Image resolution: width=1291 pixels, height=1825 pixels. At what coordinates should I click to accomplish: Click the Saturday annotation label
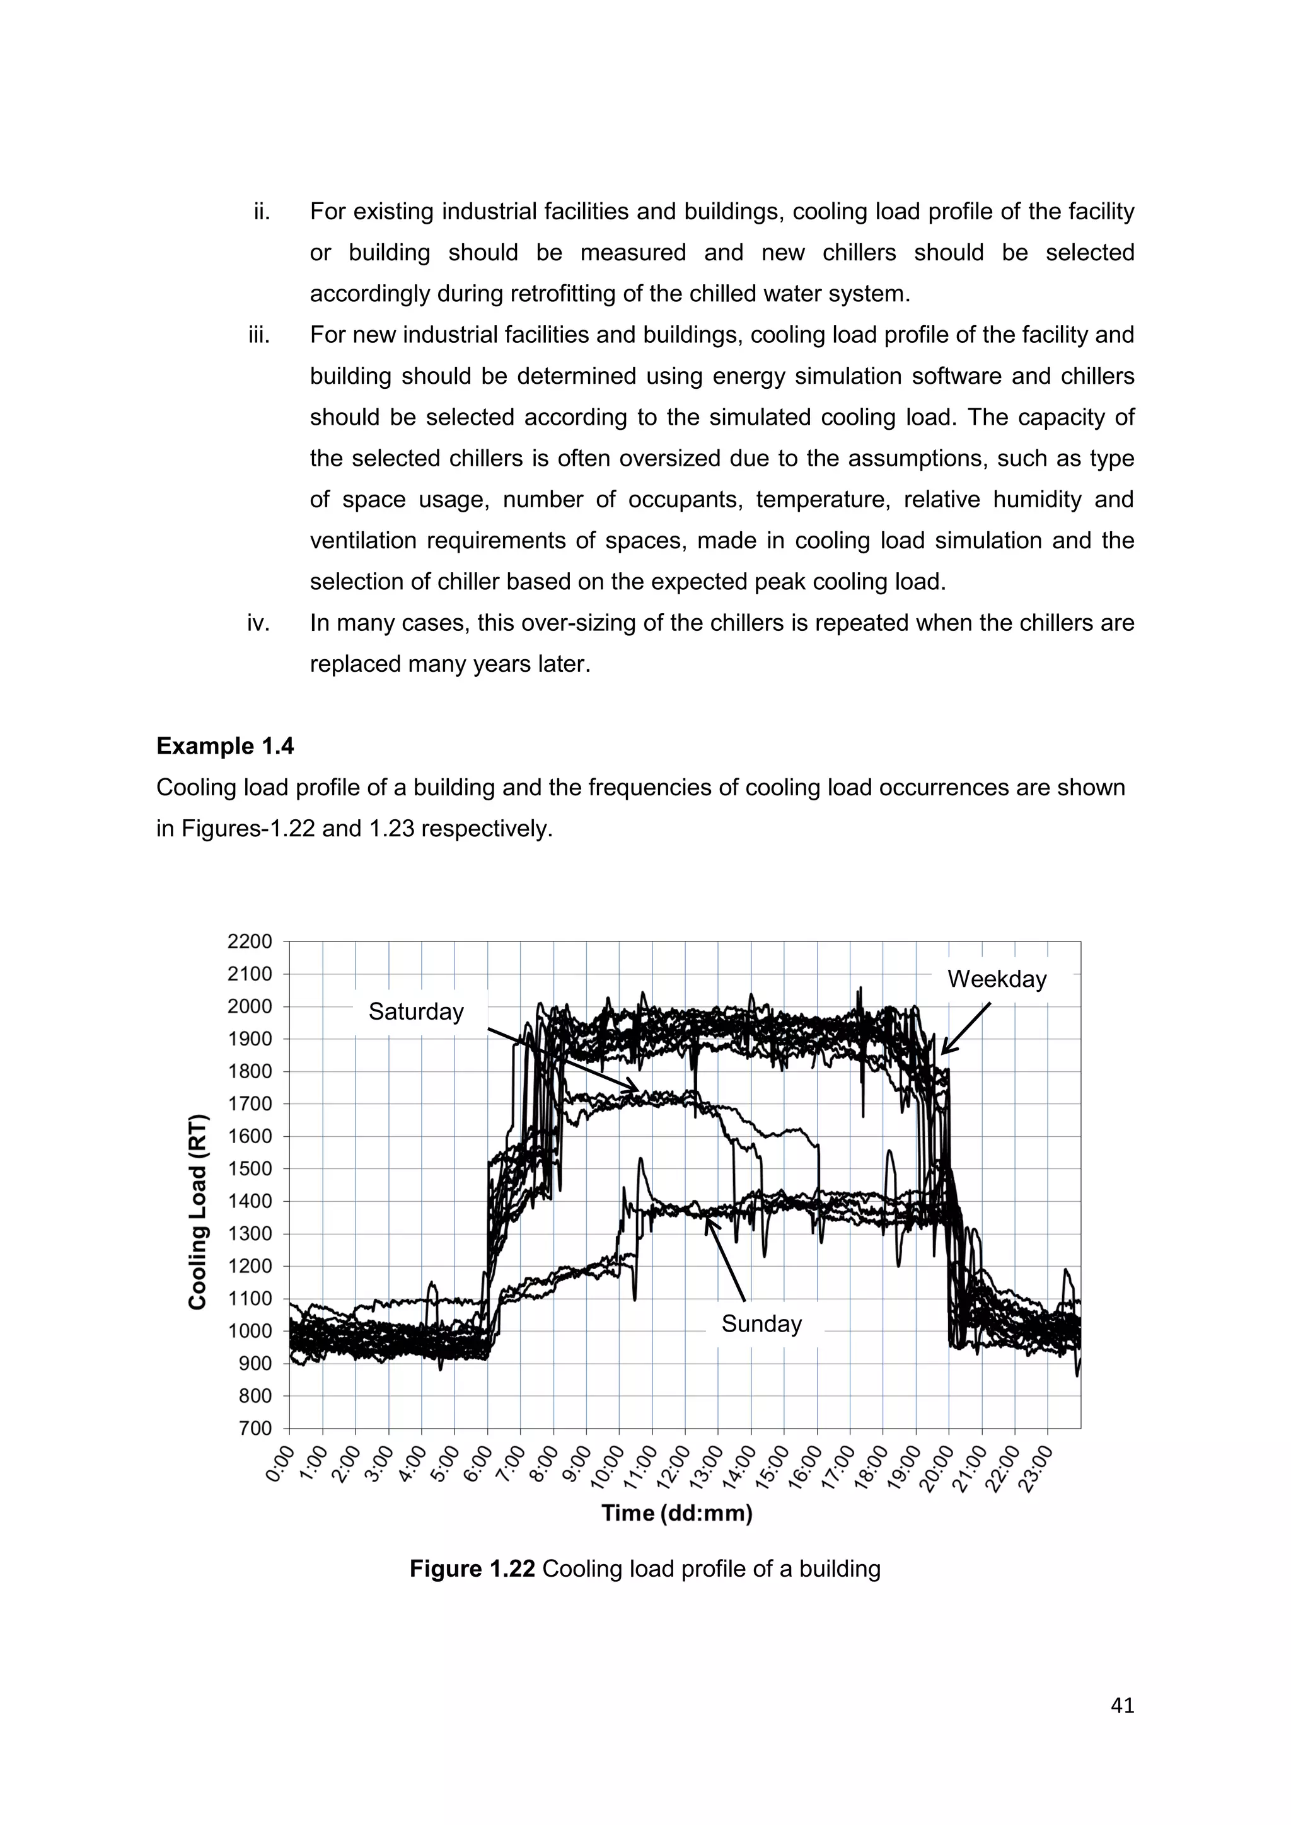pyautogui.click(x=416, y=1012)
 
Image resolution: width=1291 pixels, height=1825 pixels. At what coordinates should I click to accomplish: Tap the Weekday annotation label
pyautogui.click(x=997, y=979)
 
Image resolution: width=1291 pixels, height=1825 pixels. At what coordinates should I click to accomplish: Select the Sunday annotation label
pyautogui.click(x=761, y=1323)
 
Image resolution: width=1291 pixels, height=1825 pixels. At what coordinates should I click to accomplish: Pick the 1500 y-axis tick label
pyautogui.click(x=250, y=1168)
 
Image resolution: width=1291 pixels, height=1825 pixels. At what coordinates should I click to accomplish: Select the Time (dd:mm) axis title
pyautogui.click(x=676, y=1512)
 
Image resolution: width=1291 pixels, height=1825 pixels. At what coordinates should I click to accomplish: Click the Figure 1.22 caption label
pyautogui.click(x=472, y=1569)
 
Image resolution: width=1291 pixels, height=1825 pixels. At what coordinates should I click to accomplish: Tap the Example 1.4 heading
pyautogui.click(x=225, y=746)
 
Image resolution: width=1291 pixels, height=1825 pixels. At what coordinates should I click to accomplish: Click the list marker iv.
pyautogui.click(x=258, y=623)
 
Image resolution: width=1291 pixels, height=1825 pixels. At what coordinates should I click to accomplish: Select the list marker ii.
pyautogui.click(x=262, y=212)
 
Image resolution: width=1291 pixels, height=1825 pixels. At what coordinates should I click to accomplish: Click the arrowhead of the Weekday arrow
pyautogui.click(x=944, y=1052)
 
